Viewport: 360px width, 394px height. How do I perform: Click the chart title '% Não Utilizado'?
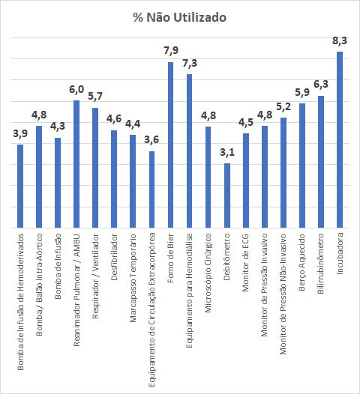point(179,17)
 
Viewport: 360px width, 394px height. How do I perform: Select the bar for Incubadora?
point(340,140)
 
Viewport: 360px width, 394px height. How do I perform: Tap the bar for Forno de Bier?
point(170,145)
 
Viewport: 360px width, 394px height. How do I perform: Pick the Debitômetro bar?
point(227,196)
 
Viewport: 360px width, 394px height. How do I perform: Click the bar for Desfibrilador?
point(114,179)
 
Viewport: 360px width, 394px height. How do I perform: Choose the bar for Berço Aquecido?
point(302,166)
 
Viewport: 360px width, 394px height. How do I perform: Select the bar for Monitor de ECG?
point(246,181)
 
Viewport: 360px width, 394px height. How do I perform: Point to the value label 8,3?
point(340,40)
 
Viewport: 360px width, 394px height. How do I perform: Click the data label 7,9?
point(171,50)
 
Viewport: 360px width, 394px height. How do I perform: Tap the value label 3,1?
point(227,152)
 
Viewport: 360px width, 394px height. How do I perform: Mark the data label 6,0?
point(76,89)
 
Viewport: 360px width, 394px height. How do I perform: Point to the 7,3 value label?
point(190,64)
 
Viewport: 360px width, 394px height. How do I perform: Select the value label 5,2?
point(283,107)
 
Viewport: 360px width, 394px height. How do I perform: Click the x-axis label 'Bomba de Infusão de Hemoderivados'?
point(20,302)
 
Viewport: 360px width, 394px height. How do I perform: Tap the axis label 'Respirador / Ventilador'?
point(95,276)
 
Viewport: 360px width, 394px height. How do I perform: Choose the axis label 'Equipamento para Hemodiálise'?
point(189,291)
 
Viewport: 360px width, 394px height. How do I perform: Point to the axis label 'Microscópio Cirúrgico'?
point(208,273)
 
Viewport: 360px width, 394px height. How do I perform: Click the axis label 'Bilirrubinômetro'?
point(320,264)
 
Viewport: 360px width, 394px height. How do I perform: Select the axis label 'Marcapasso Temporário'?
point(133,278)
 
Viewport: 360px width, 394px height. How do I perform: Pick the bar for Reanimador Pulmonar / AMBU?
point(76,164)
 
